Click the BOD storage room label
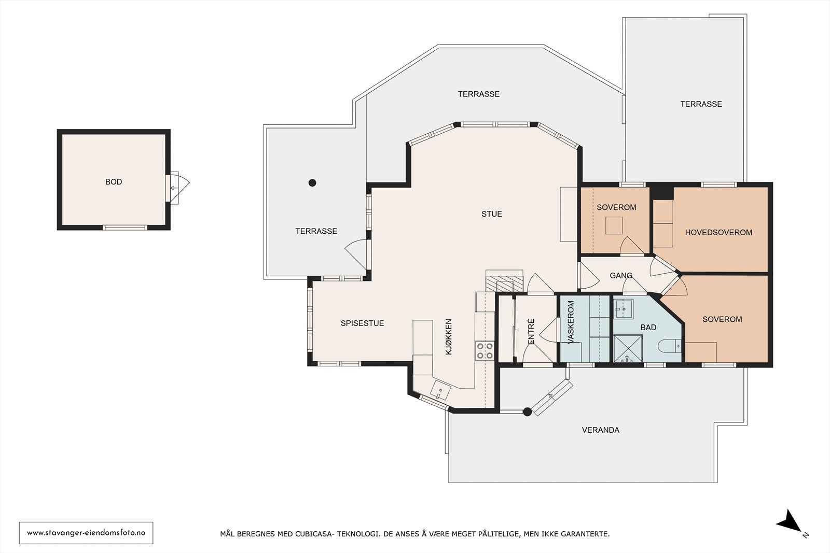coord(114,182)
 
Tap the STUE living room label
coord(492,214)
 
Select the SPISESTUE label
coord(362,323)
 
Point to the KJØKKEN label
coord(449,337)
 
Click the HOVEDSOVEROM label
coord(718,233)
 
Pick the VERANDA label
coord(601,430)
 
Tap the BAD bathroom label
coord(648,327)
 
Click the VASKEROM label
coord(571,322)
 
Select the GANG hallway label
coord(621,275)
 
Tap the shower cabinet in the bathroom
coord(628,348)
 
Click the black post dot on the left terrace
coord(312,182)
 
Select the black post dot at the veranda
coord(527,412)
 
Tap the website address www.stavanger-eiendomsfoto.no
coord(86,533)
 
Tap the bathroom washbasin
coord(624,309)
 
